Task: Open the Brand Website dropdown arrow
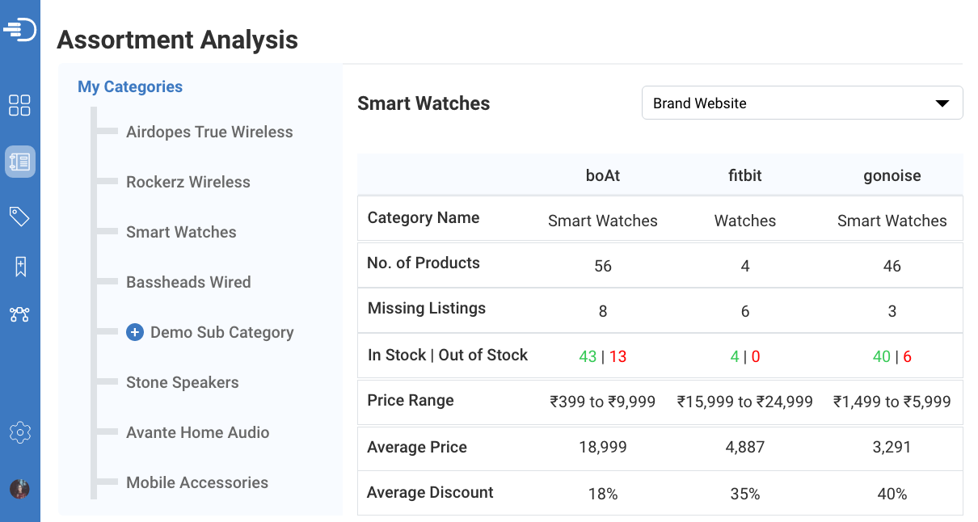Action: tap(942, 103)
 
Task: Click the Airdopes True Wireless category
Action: tap(209, 132)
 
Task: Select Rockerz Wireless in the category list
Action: tap(188, 182)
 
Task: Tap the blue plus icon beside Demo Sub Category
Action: tap(135, 332)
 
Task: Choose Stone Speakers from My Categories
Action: tap(183, 382)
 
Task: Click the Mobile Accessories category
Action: tap(197, 482)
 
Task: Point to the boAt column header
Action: tap(603, 175)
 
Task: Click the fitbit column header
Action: tap(745, 175)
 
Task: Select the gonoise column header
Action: tap(892, 175)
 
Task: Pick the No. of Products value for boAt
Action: tap(603, 266)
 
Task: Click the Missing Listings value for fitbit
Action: tap(745, 311)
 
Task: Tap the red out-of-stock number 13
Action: tap(618, 356)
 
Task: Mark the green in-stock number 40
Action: tap(882, 356)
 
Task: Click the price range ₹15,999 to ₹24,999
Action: tap(745, 402)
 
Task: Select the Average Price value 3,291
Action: tap(892, 447)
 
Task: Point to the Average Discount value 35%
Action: tap(745, 494)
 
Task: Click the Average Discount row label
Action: tap(430, 492)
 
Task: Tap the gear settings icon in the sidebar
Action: tap(20, 432)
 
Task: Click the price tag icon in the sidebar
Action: tap(19, 216)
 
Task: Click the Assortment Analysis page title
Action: tap(178, 40)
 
